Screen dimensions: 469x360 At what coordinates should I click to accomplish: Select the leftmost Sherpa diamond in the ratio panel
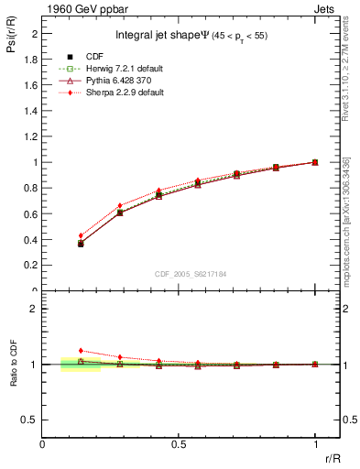tap(81, 350)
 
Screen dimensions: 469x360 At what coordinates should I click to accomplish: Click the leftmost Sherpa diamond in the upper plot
tap(81, 235)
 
